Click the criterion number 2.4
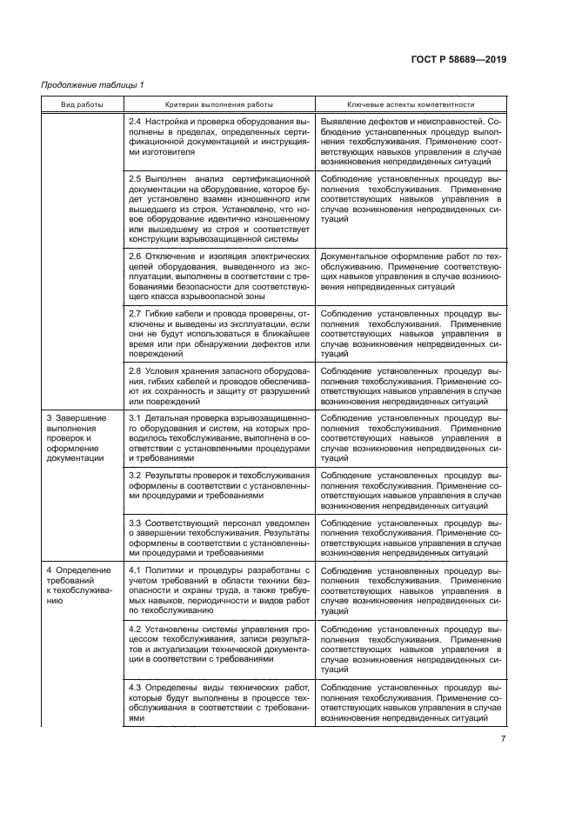pyautogui.click(x=136, y=120)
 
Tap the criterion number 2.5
pyautogui.click(x=136, y=177)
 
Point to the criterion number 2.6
pyautogui.click(x=136, y=257)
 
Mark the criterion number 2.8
pyautogui.click(x=136, y=370)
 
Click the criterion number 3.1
pyautogui.click(x=136, y=418)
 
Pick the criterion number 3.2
pyautogui.click(x=136, y=475)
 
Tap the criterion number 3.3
pyautogui.click(x=136, y=522)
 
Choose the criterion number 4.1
pyautogui.click(x=136, y=570)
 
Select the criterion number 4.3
pyautogui.click(x=136, y=686)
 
